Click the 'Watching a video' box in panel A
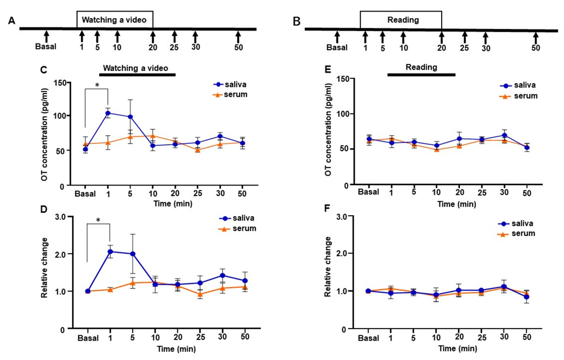[115, 20]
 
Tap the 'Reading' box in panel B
[400, 20]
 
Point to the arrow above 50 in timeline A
[238, 36]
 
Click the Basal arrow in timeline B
[337, 37]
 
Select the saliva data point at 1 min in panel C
[108, 113]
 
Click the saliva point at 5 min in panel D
[131, 254]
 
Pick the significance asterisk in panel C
[97, 85]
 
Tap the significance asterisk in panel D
[99, 221]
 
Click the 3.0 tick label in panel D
[67, 216]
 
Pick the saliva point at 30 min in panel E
[503, 135]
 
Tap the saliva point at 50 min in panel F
[527, 297]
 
